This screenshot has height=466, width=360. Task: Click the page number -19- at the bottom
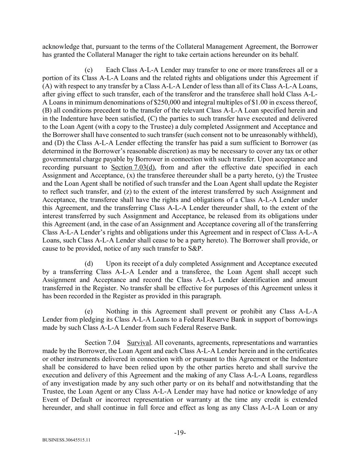pyautogui.click(x=180, y=433)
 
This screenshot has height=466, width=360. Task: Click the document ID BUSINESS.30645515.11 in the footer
pyautogui.click(x=67, y=440)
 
